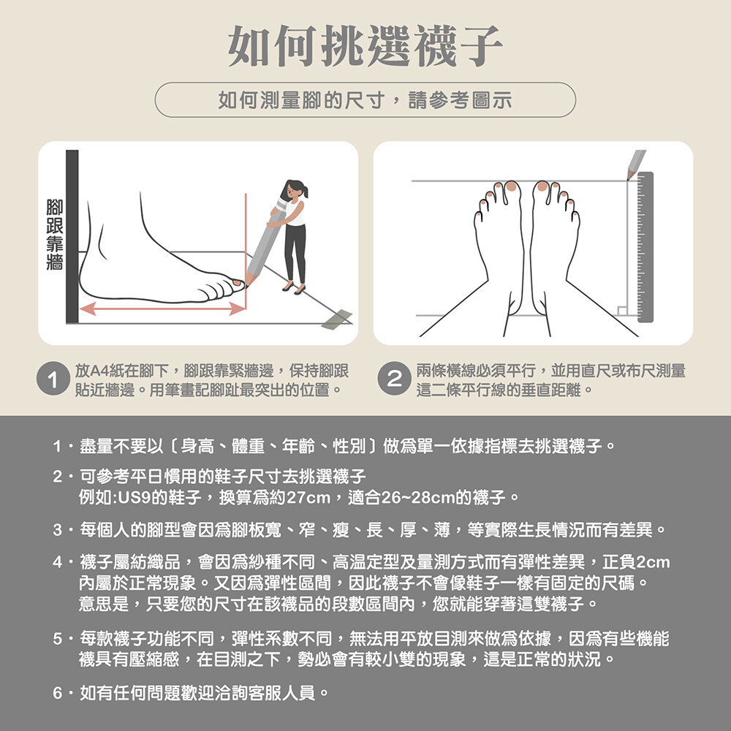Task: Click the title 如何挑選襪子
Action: pyautogui.click(x=365, y=46)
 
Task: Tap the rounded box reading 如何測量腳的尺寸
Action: pyautogui.click(x=365, y=99)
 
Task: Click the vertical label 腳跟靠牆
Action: pyautogui.click(x=55, y=235)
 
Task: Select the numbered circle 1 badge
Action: pyautogui.click(x=53, y=379)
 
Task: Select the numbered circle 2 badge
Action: pyautogui.click(x=395, y=379)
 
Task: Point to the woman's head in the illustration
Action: pyautogui.click(x=293, y=189)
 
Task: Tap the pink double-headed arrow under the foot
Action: pyautogui.click(x=162, y=308)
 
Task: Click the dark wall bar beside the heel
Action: pyautogui.click(x=72, y=236)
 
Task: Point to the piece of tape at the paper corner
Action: pyautogui.click(x=337, y=319)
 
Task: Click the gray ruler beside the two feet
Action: pyautogui.click(x=645, y=247)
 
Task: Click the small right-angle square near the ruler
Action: pyautogui.click(x=622, y=311)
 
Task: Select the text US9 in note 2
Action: pyautogui.click(x=134, y=498)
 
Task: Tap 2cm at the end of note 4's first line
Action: pyautogui.click(x=653, y=562)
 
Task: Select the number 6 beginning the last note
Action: pyautogui.click(x=57, y=693)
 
